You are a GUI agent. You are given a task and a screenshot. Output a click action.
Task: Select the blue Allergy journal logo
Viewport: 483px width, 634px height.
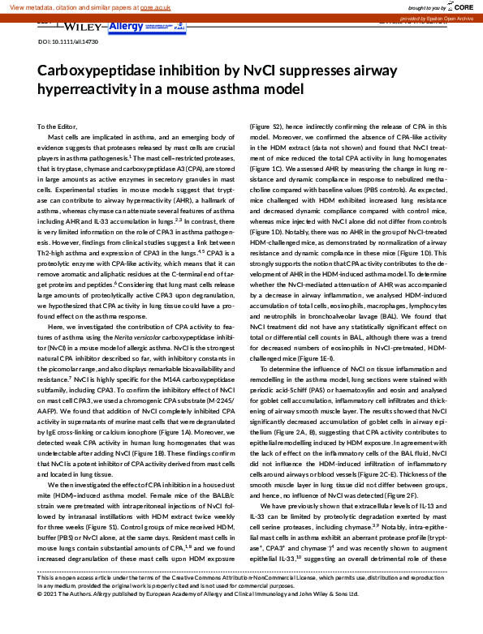(124, 27)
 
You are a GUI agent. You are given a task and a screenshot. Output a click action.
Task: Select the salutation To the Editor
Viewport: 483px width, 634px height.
(57, 127)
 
